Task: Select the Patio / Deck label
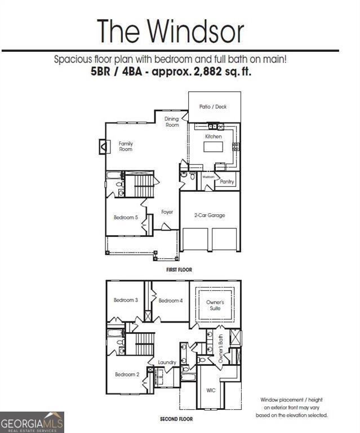(x=213, y=107)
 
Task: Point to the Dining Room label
(x=172, y=122)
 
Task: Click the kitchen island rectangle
(x=213, y=147)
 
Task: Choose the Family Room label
(x=126, y=147)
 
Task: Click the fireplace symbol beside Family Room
(x=104, y=147)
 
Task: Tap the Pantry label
(x=227, y=182)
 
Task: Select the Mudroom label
(x=208, y=176)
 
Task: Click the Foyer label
(x=167, y=212)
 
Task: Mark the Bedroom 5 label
(x=126, y=217)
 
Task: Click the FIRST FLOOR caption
(x=179, y=270)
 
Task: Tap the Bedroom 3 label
(x=126, y=300)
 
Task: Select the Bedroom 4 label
(x=170, y=301)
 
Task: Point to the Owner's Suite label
(x=215, y=306)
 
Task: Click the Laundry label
(x=167, y=362)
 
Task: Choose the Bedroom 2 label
(x=127, y=374)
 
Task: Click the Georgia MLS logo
(x=32, y=422)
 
